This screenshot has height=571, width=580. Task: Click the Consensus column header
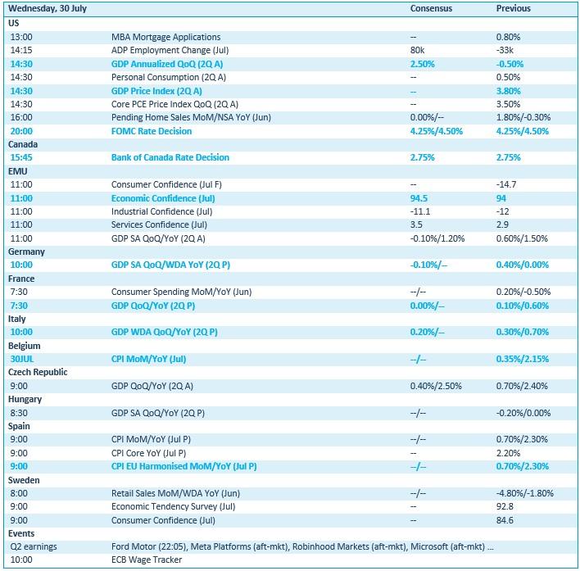(429, 8)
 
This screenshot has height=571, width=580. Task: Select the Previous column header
(514, 8)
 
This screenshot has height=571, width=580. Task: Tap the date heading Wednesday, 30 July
(48, 8)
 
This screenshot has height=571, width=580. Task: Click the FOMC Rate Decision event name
(151, 131)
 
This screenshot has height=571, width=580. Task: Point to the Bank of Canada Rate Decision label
(170, 157)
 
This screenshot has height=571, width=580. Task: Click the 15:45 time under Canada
(22, 157)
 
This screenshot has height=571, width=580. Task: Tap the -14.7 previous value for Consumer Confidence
(508, 185)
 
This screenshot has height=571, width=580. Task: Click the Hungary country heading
(25, 400)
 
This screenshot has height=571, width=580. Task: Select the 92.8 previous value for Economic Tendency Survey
(505, 507)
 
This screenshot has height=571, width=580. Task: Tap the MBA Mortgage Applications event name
(165, 37)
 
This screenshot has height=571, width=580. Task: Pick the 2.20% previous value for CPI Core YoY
(509, 453)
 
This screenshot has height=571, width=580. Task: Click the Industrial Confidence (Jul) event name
(161, 211)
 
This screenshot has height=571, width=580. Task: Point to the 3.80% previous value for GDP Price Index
(510, 91)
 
